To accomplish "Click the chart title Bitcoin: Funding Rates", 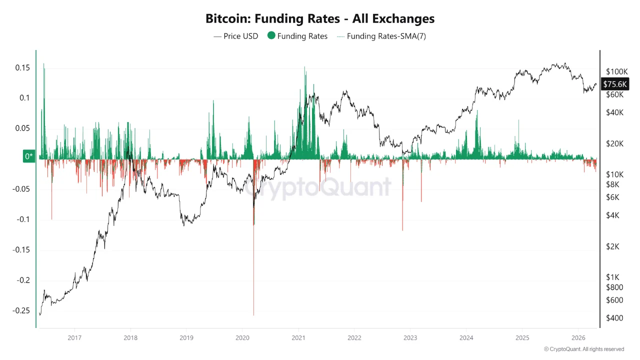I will click(320, 19).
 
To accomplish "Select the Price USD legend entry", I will click(235, 36).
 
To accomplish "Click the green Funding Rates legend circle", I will click(271, 36).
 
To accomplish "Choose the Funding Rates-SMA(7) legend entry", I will click(381, 36).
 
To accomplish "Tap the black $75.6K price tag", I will click(614, 84).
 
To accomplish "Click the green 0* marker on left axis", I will click(29, 156).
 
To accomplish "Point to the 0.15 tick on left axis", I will click(21, 67).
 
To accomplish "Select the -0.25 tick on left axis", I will click(20, 310).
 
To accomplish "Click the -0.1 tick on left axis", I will click(22, 219).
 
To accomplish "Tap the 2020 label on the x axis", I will click(242, 337).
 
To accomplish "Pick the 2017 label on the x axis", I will click(74, 337).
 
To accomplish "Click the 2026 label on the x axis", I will click(578, 337).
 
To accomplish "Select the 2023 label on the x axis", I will click(410, 337).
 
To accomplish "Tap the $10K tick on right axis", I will click(614, 174).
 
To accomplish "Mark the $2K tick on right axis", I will click(612, 246).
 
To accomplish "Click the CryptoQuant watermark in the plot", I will click(317, 187).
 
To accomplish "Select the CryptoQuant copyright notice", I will click(583, 349).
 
